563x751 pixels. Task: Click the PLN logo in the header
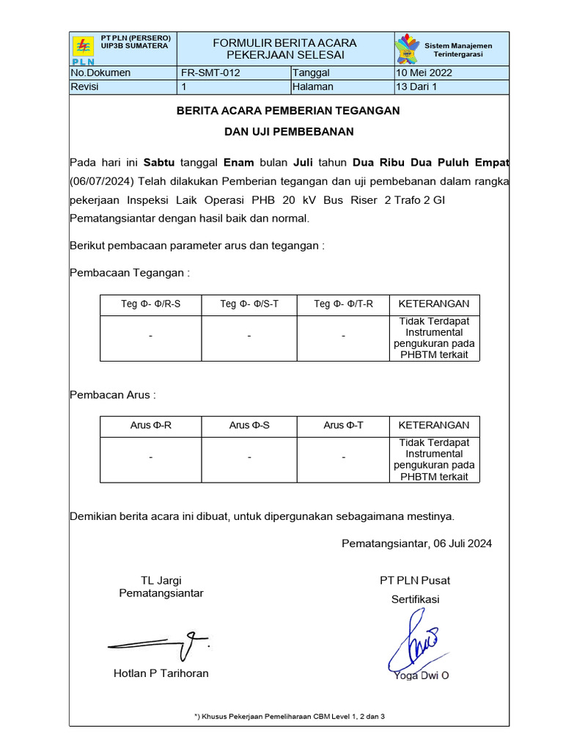point(84,49)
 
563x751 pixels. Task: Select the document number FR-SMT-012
point(210,73)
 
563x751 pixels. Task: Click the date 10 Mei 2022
point(424,73)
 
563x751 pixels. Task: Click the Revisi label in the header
point(84,87)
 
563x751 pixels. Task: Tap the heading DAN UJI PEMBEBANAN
point(289,132)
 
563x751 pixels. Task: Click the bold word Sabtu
point(159,162)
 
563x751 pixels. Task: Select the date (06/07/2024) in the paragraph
point(102,181)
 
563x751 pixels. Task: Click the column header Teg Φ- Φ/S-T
point(249,304)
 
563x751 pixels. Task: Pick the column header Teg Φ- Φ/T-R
point(343,304)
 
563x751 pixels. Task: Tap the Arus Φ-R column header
point(151,425)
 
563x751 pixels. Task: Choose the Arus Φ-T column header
point(343,425)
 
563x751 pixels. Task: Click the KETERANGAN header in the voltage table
point(434,304)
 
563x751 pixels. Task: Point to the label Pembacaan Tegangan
point(130,273)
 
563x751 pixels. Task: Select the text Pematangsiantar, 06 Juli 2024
point(416,543)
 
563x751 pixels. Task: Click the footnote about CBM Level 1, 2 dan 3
point(289,716)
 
